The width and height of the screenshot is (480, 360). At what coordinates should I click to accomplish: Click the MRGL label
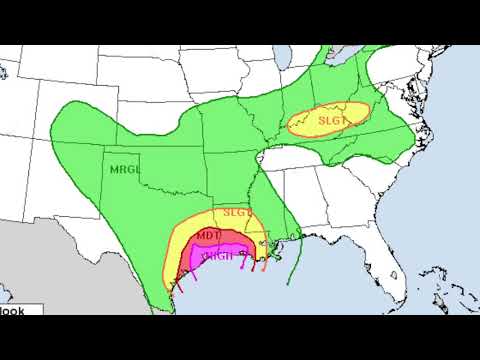pos(124,167)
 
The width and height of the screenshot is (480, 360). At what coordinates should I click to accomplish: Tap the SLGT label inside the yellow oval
pos(330,121)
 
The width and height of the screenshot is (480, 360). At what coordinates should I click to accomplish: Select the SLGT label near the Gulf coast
pos(236,212)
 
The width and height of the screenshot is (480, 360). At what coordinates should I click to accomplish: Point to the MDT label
pos(208,235)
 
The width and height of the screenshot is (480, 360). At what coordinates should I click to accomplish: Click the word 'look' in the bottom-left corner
pos(12,310)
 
